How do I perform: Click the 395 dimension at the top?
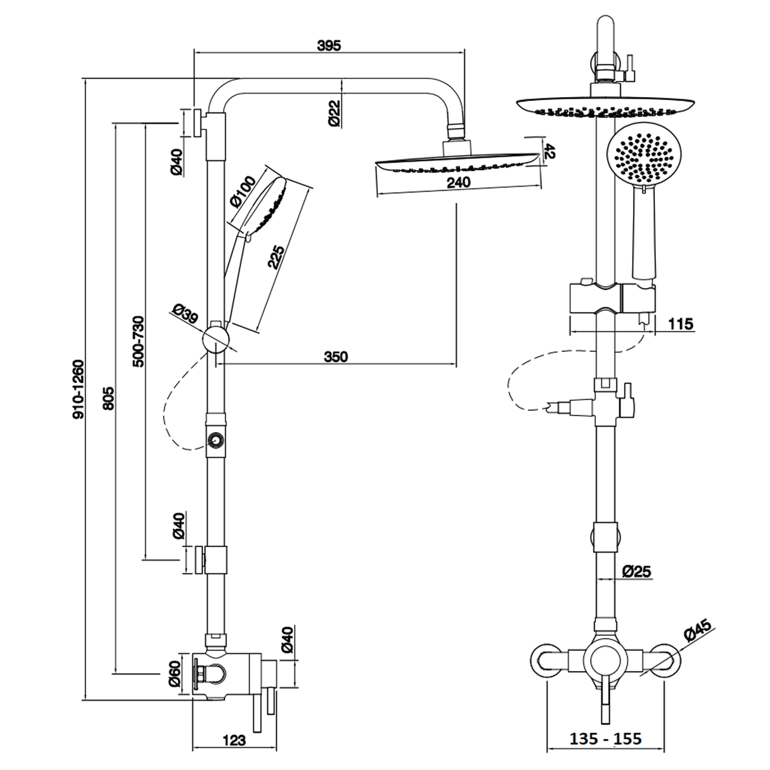click(329, 45)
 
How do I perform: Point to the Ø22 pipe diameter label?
click(334, 114)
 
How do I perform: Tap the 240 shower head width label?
click(458, 182)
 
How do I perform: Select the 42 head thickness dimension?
click(549, 151)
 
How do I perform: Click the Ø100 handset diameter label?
click(242, 191)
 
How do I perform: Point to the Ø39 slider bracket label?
click(185, 313)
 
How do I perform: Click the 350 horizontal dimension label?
click(336, 357)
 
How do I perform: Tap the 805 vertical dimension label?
click(108, 398)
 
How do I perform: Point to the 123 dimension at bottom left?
click(234, 740)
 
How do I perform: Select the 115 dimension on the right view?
click(680, 324)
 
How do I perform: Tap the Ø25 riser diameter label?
click(637, 571)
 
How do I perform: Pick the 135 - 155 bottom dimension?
click(606, 739)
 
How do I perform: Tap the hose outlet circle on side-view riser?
click(215, 440)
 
